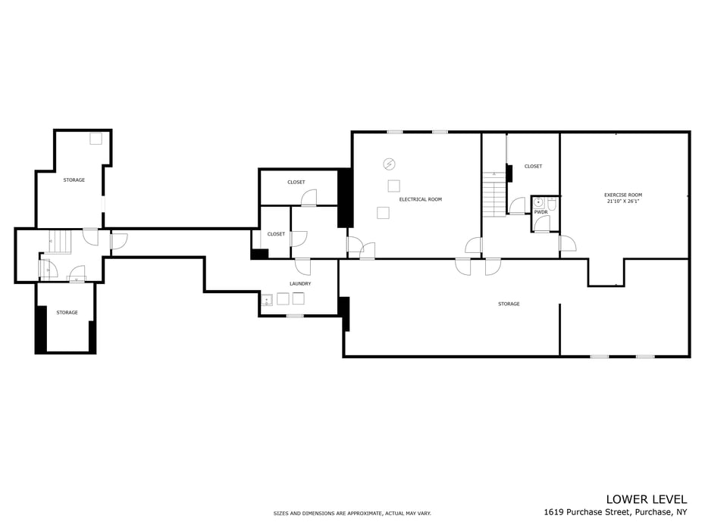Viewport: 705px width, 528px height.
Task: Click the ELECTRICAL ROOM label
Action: point(421,199)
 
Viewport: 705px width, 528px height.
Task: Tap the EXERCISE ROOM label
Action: point(622,195)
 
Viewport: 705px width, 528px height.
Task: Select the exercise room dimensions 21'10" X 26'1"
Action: point(622,202)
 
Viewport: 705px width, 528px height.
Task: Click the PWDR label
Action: point(541,212)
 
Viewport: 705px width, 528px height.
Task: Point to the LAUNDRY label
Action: point(300,283)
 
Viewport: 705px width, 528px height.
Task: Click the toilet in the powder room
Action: point(552,204)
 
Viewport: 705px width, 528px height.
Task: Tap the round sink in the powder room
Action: point(538,203)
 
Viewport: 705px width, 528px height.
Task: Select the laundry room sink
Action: point(267,299)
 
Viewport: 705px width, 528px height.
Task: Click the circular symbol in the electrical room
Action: point(389,164)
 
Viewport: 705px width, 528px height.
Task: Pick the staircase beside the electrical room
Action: point(494,194)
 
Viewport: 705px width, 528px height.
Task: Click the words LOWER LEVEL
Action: point(647,499)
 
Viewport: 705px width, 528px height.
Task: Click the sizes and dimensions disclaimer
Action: point(352,513)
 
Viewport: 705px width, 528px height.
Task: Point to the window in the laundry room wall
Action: point(294,316)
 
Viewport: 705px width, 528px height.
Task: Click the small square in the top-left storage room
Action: point(96,139)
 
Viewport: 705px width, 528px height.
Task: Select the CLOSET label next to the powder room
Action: point(533,166)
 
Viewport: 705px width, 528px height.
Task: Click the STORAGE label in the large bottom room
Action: point(509,305)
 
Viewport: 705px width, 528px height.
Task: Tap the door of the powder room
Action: point(541,223)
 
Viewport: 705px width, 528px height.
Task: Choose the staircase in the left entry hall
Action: point(60,242)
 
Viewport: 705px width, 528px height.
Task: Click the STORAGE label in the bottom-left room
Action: point(67,312)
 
